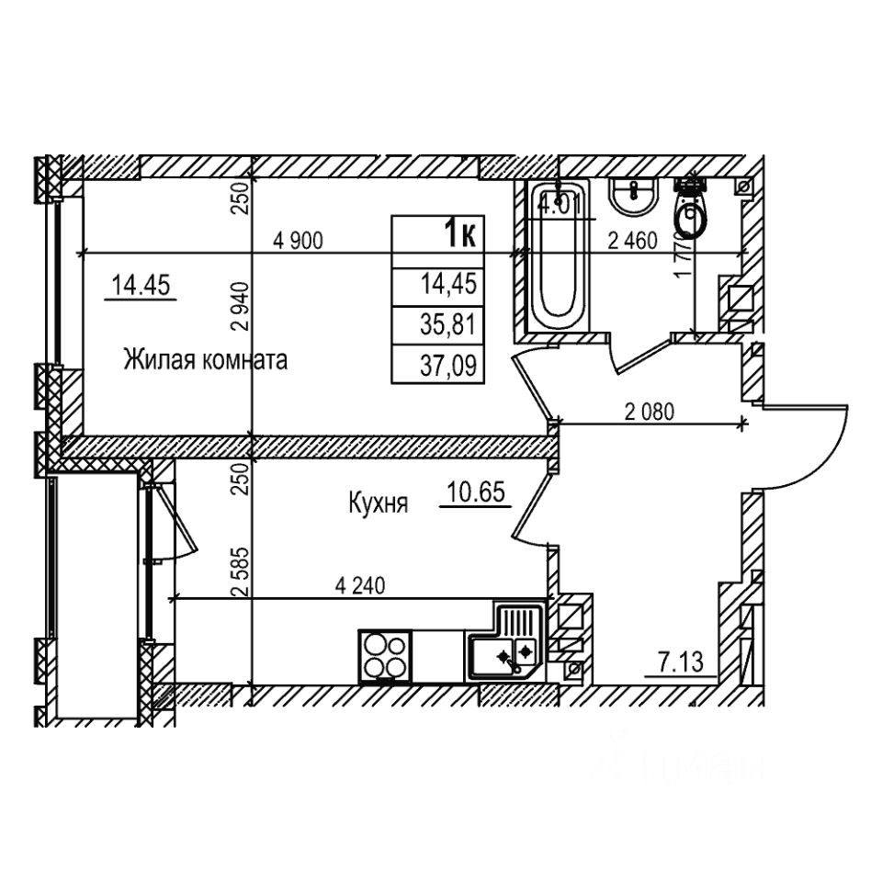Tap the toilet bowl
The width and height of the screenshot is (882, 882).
click(x=690, y=213)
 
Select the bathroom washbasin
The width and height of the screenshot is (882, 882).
click(x=633, y=196)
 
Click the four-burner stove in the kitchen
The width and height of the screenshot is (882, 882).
click(x=385, y=656)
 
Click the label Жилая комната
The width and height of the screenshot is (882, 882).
click(x=206, y=360)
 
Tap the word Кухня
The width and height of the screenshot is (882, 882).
click(x=378, y=503)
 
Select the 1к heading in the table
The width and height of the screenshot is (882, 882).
click(x=459, y=235)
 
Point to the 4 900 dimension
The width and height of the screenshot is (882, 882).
click(x=299, y=242)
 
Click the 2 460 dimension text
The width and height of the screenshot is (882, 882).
click(x=633, y=242)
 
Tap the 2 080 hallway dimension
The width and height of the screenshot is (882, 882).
click(x=650, y=412)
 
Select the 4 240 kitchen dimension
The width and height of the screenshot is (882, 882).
click(x=360, y=585)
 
